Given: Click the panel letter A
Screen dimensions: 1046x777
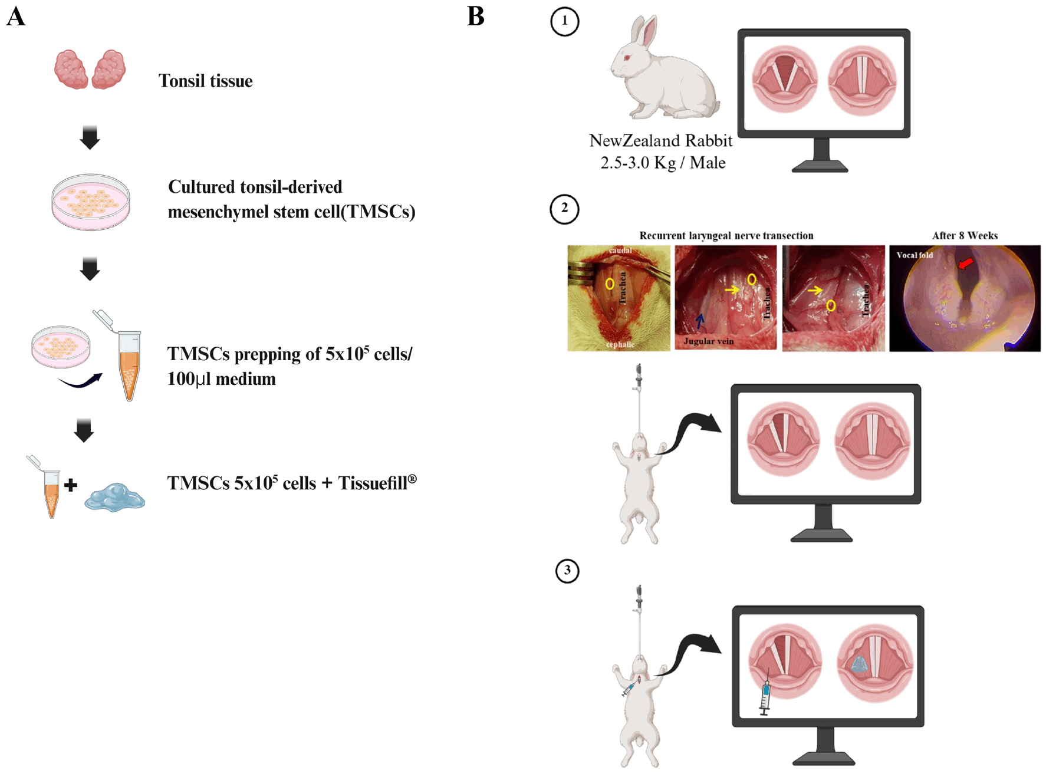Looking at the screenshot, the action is [x=16, y=17].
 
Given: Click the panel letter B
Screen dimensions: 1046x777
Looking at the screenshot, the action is [x=476, y=17].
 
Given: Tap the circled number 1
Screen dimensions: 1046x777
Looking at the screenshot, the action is [x=564, y=21].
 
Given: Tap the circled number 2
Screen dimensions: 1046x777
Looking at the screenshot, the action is [x=564, y=209].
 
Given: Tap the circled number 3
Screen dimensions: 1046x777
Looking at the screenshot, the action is [x=567, y=571].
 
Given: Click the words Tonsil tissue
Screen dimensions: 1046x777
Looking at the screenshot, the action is [x=205, y=81].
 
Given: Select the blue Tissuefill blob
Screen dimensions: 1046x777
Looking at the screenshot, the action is [x=115, y=497].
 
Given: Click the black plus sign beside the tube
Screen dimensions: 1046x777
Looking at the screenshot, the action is [x=71, y=485].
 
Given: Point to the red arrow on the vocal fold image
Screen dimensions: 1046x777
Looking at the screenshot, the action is [x=965, y=263].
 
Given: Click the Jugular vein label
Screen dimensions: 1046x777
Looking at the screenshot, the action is [x=708, y=341].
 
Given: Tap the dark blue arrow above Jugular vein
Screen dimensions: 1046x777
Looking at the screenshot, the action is [x=700, y=321].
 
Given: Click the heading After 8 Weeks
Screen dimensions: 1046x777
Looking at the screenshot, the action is [x=965, y=236].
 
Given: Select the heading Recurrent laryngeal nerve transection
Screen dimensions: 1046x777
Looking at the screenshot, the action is [x=726, y=236].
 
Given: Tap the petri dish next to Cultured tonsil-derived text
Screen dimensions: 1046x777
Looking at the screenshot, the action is [x=91, y=202].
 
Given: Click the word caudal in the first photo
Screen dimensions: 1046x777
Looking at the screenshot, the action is [x=620, y=251].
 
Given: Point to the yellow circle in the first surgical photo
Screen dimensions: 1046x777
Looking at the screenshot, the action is [x=610, y=284].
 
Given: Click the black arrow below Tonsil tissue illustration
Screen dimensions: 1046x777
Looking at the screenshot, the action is [x=90, y=138].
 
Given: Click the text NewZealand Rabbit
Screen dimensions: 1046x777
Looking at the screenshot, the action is [x=660, y=140].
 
